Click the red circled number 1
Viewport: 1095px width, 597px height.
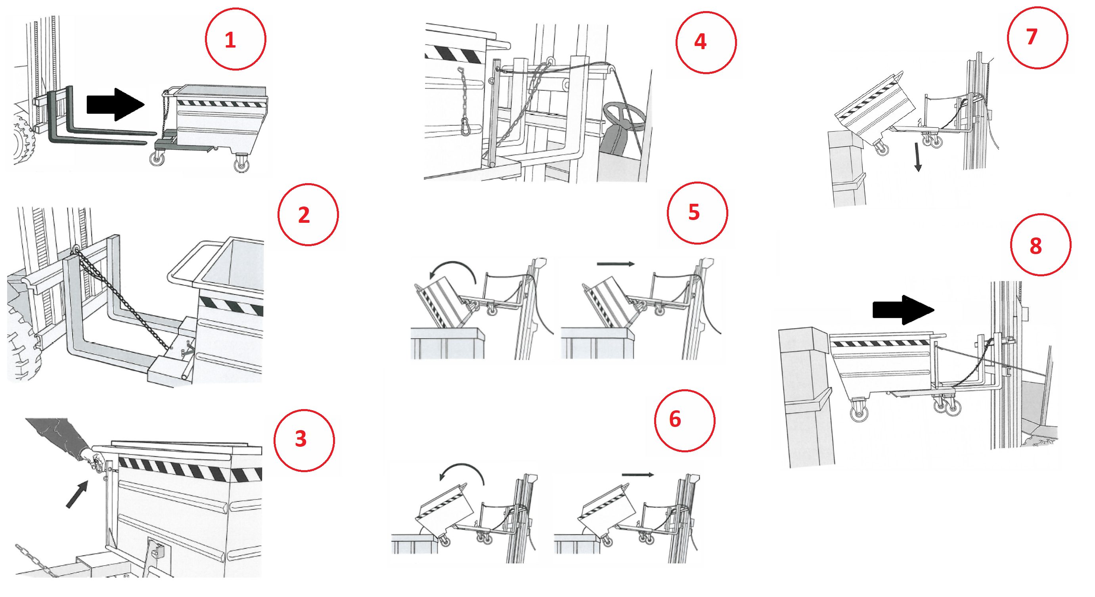coord(235,39)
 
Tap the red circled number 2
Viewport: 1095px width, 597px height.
coord(308,214)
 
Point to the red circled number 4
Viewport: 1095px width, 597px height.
coord(706,42)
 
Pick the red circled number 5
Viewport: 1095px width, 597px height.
coord(697,213)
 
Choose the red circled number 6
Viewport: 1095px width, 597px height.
coord(685,420)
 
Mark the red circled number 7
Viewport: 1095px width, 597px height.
coord(1037,38)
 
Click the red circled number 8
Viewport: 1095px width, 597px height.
coord(1040,245)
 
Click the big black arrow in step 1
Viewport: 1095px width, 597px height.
coord(115,105)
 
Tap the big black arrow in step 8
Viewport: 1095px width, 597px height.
coord(903,310)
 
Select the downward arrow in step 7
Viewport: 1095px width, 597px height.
coord(918,157)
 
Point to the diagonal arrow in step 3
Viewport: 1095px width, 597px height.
coord(77,494)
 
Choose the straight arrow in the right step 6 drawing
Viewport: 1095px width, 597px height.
coord(637,475)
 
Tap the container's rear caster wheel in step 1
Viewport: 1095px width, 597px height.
coord(241,163)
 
